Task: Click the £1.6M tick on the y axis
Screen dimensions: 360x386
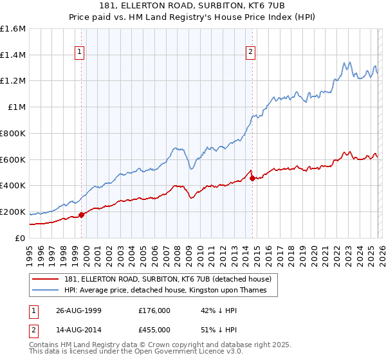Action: tap(13, 29)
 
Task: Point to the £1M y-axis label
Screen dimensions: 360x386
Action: tap(17, 107)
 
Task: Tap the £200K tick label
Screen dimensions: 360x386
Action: tap(13, 212)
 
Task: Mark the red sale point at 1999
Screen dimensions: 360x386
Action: tap(82, 215)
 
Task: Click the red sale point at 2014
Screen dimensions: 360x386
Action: tap(252, 178)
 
